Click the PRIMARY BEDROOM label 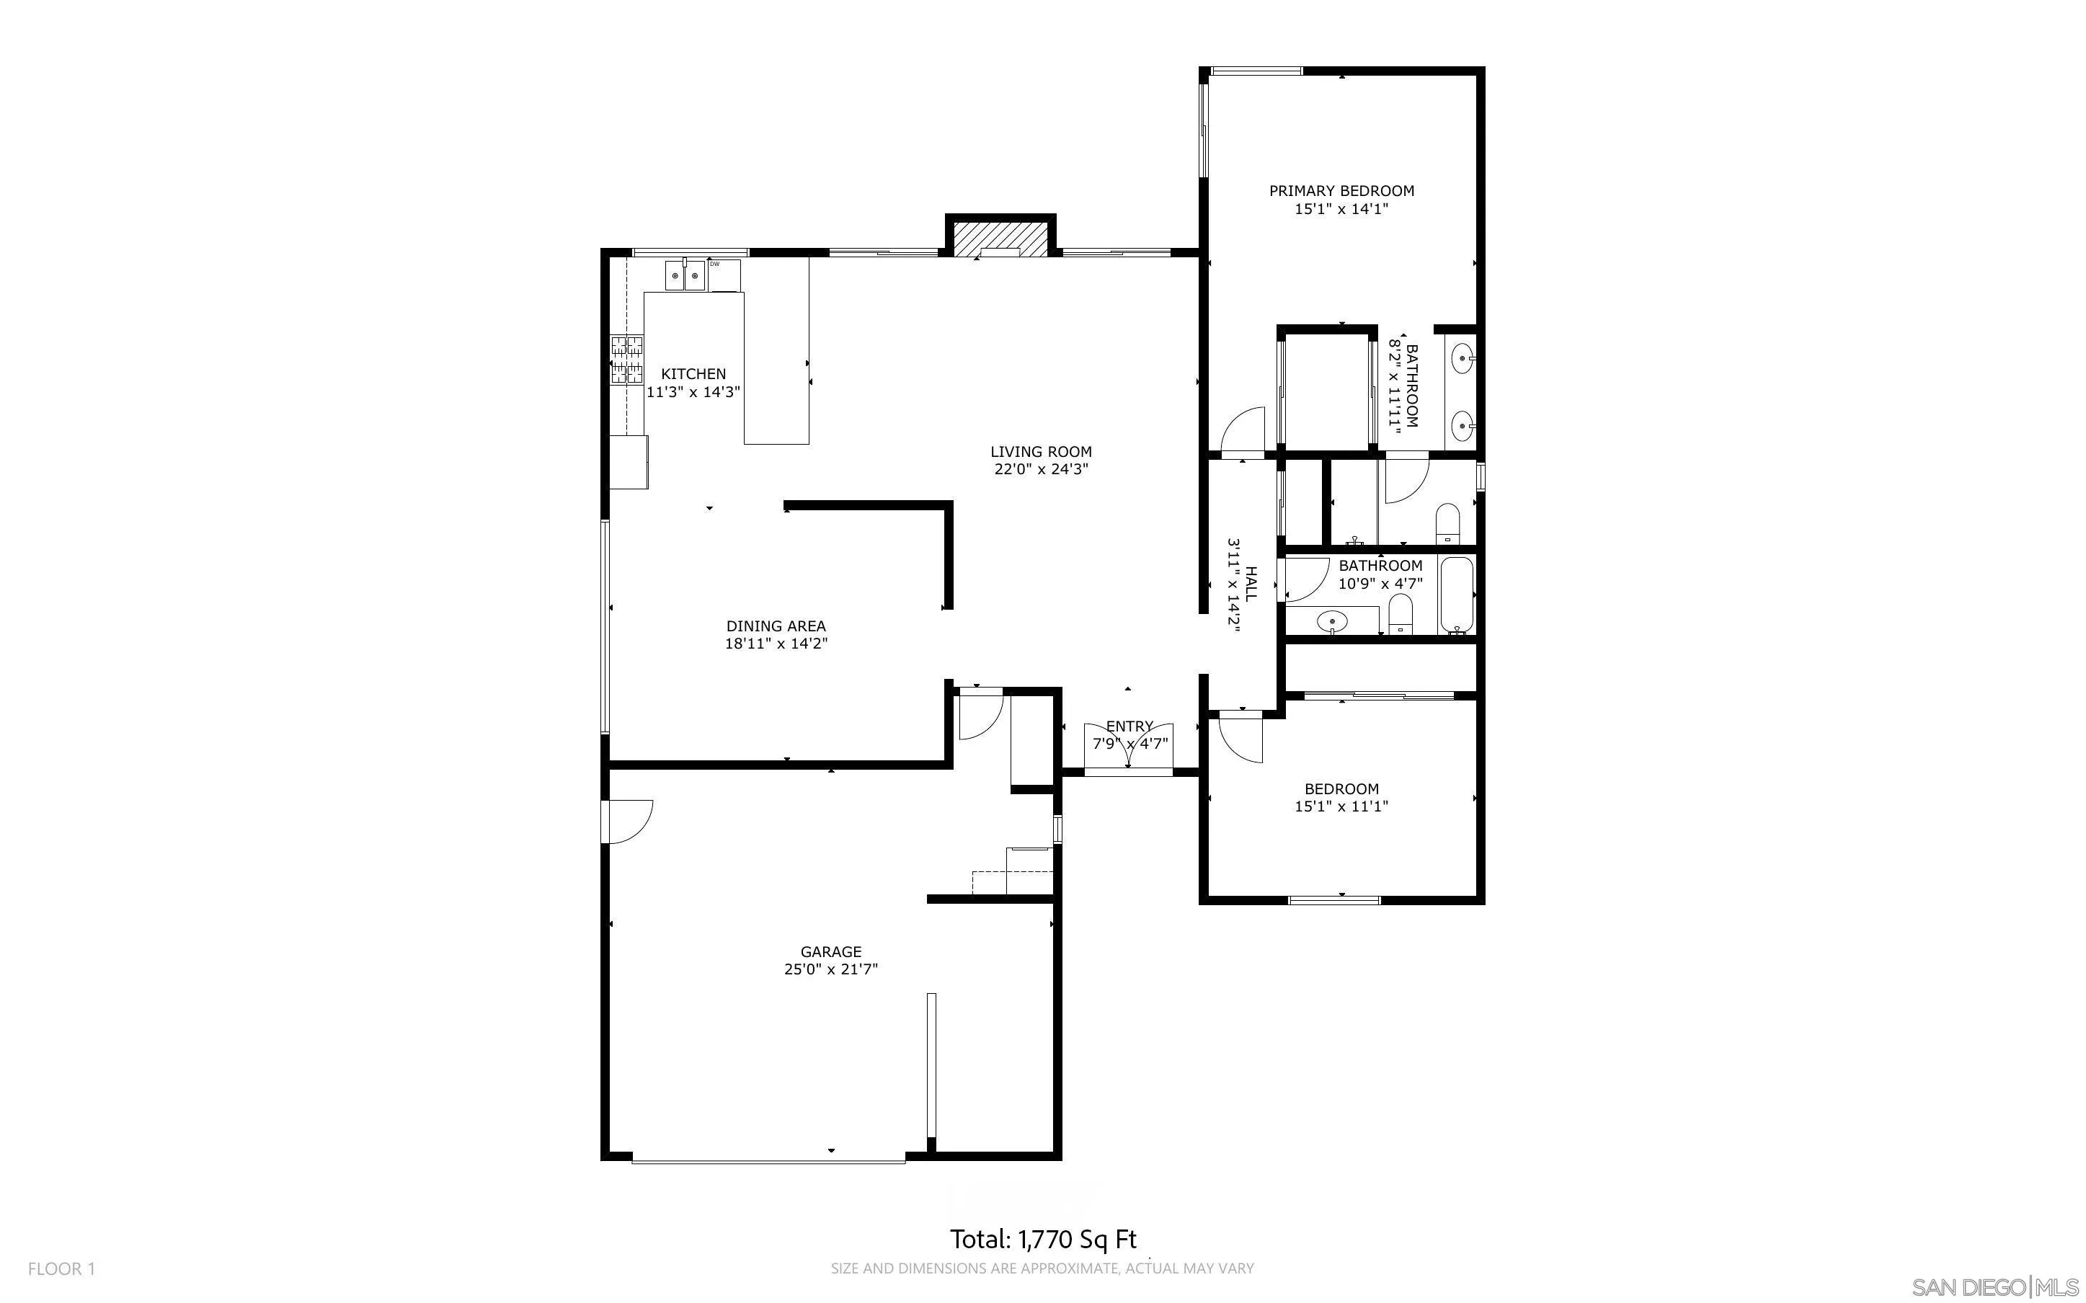(1341, 190)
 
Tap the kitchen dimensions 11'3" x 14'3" (693, 391)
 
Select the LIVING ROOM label (1040, 452)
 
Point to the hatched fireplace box (1000, 238)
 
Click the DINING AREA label (776, 626)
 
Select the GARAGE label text (830, 951)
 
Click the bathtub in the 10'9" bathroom (1456, 595)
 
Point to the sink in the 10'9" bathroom (1333, 620)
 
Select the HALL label (1250, 584)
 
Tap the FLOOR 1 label (61, 1268)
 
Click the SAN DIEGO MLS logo (1993, 1286)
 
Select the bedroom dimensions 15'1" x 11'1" (1341, 806)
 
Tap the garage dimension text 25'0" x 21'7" (830, 969)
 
